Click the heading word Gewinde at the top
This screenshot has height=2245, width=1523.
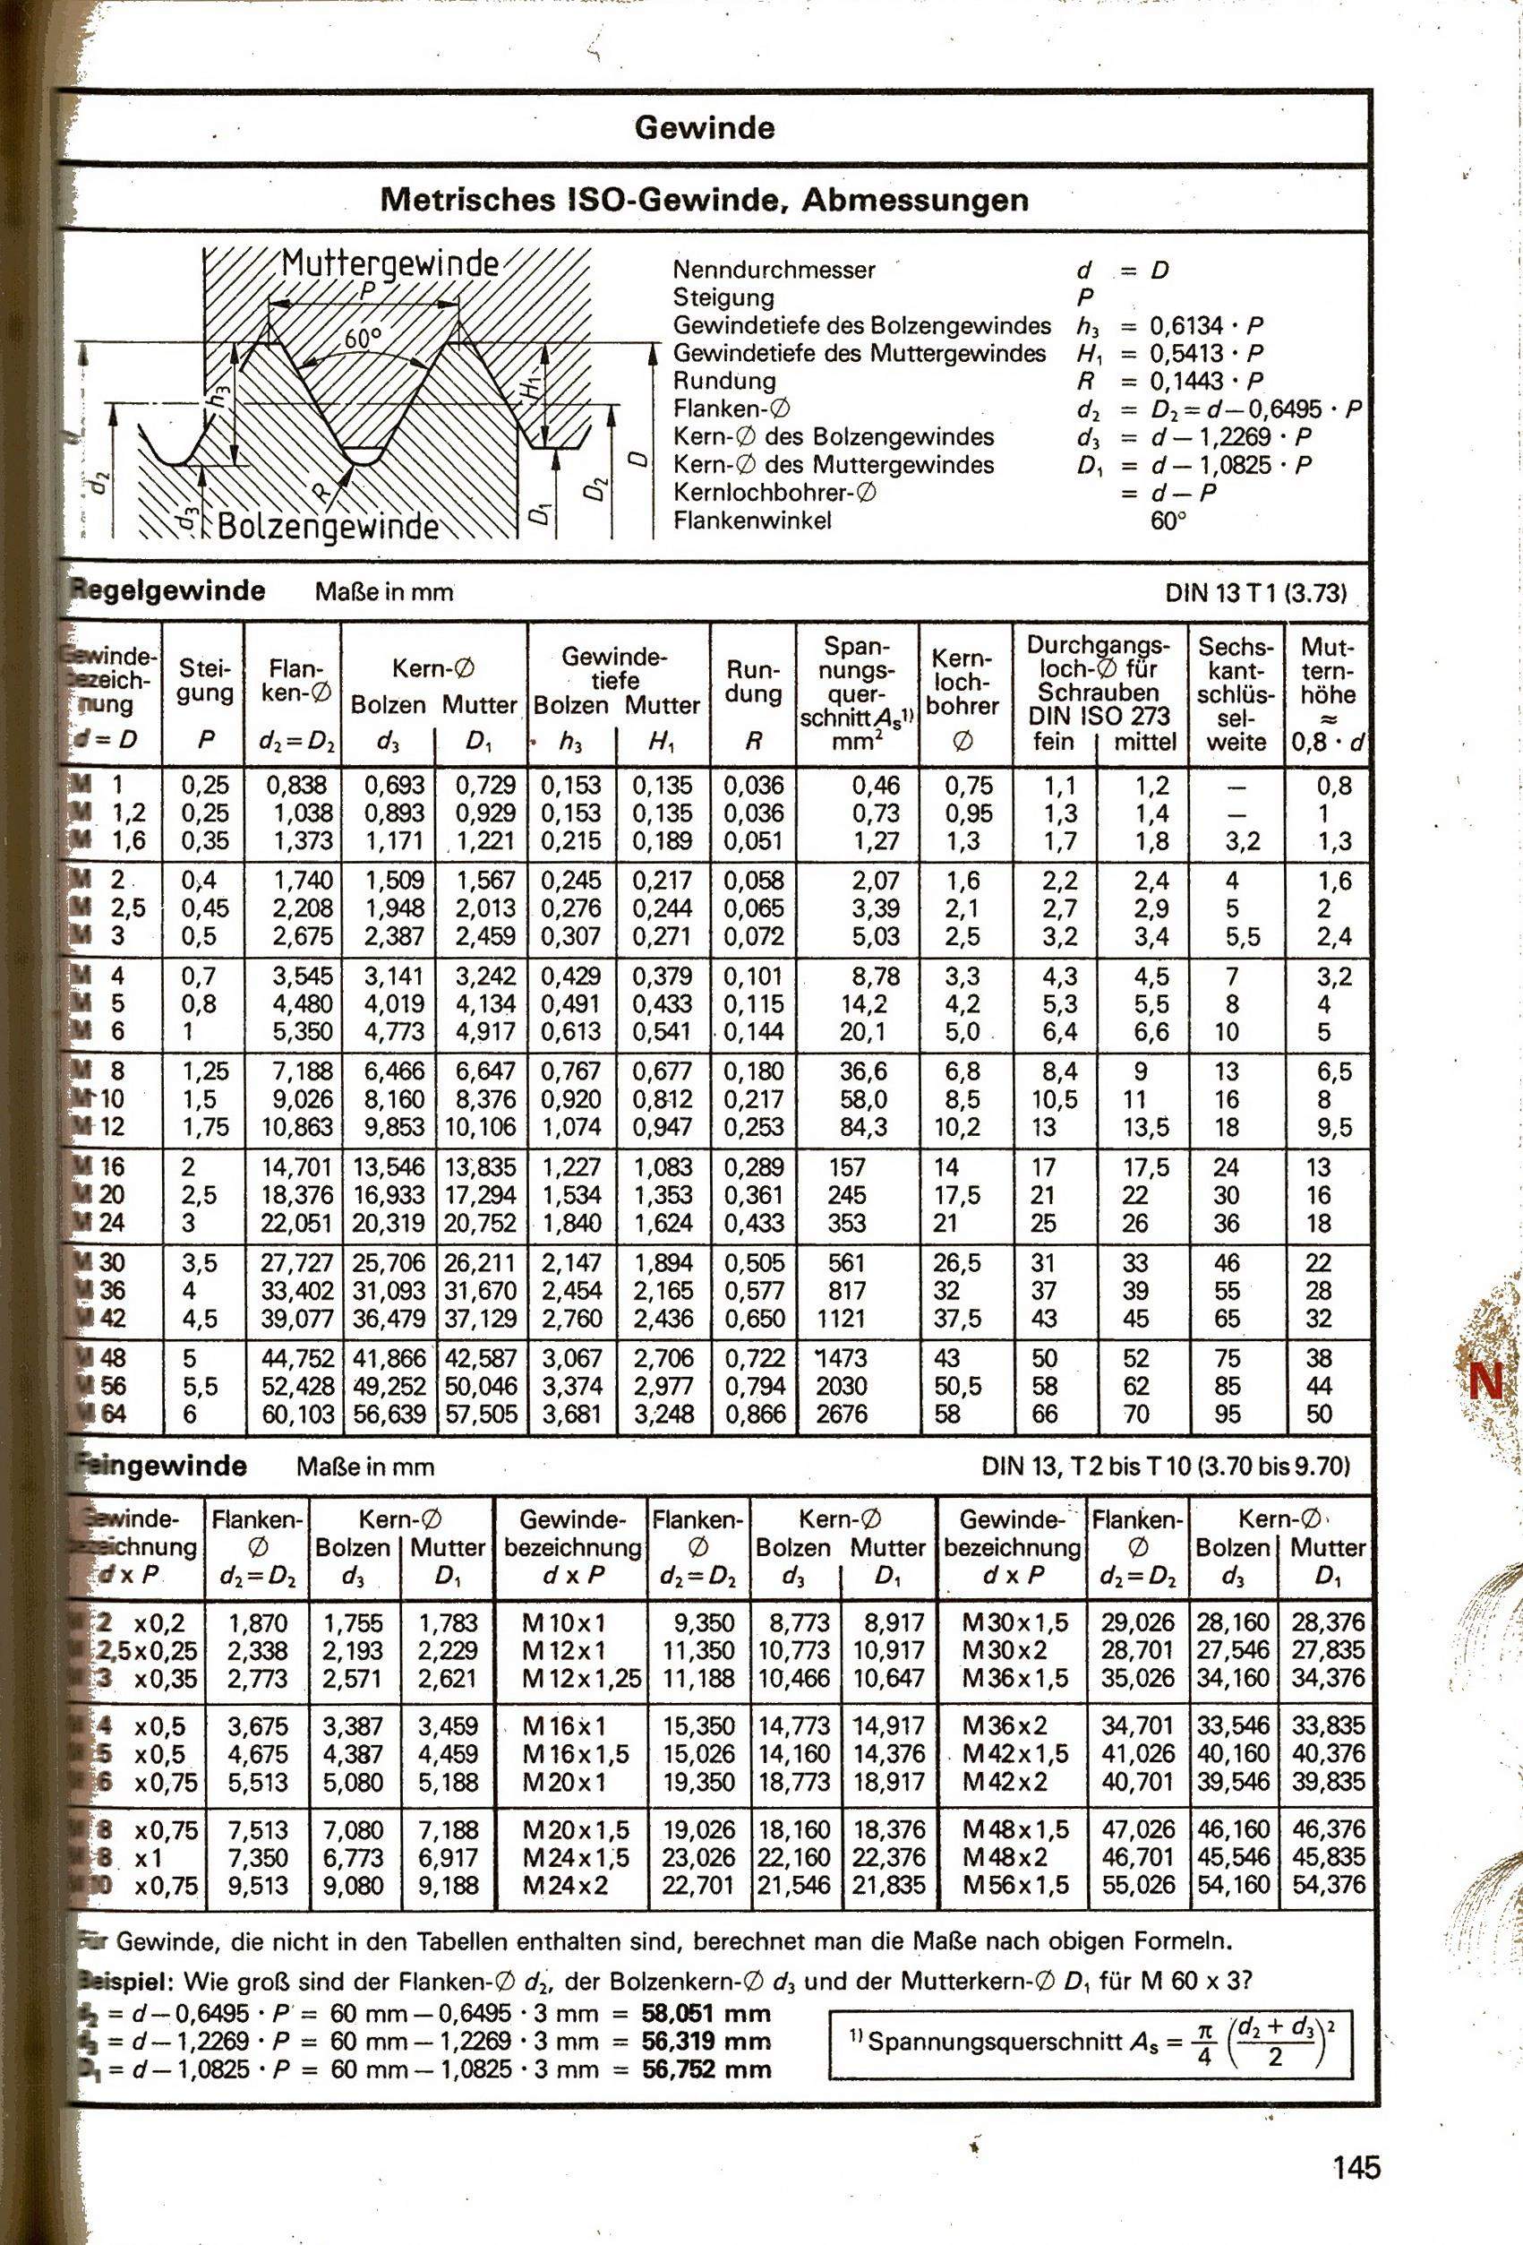[704, 128]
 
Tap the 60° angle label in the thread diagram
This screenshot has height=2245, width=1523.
[364, 339]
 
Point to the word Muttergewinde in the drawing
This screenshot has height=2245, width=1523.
[390, 262]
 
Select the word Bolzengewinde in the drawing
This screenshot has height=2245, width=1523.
[328, 527]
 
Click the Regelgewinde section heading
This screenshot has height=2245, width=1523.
[170, 591]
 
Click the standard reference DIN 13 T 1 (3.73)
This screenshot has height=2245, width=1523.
[1255, 593]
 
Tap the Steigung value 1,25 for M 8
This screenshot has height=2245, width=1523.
[203, 1071]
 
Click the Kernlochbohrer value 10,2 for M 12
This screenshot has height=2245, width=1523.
[959, 1127]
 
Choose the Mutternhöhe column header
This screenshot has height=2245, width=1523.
[1327, 693]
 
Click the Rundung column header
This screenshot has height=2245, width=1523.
[753, 682]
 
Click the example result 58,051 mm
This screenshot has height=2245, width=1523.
[705, 2013]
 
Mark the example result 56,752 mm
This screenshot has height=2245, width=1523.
[705, 2069]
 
